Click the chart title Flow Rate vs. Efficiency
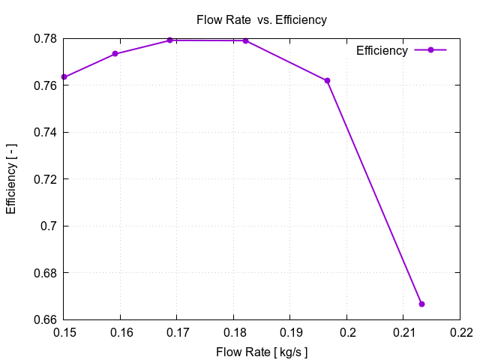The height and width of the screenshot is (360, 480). click(261, 20)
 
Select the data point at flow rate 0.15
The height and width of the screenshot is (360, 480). click(64, 76)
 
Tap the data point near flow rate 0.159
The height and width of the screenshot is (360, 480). click(115, 54)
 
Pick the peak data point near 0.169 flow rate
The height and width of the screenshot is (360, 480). click(170, 40)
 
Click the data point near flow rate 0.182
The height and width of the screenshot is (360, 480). click(245, 40)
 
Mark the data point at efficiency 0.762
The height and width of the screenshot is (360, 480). click(327, 81)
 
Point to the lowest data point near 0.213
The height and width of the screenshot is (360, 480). click(421, 304)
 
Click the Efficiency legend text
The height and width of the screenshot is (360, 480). click(382, 50)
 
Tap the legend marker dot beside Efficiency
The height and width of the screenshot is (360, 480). click(430, 50)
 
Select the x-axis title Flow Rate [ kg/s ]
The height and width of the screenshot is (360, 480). click(261, 352)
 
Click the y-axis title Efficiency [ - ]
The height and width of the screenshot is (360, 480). click(11, 179)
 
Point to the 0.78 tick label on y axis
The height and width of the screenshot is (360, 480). click(47, 38)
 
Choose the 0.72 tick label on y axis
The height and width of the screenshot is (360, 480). click(47, 179)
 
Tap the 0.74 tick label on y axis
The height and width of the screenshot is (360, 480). click(47, 132)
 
